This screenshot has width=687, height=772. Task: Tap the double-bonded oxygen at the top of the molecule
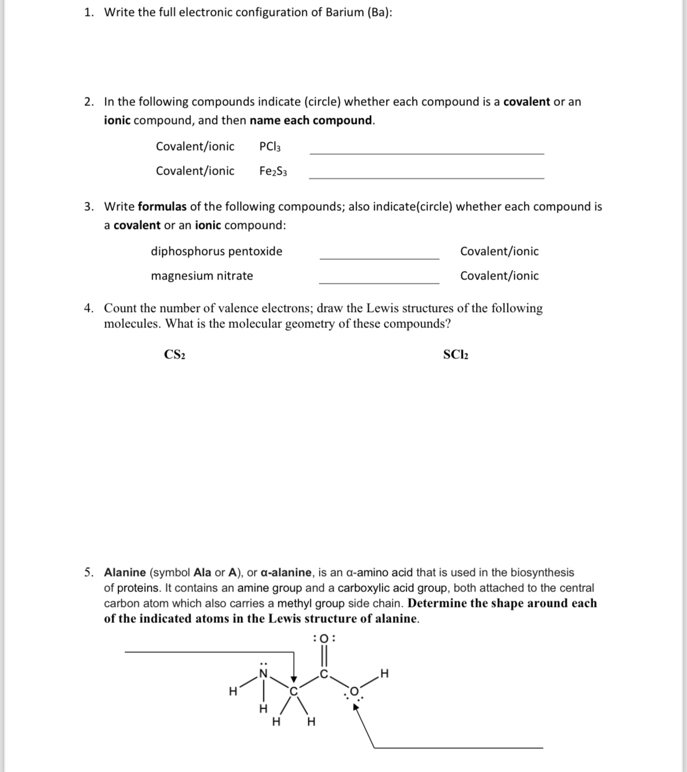point(325,638)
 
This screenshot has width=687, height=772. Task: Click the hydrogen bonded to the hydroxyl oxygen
point(385,674)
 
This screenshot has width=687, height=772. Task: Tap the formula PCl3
point(270,146)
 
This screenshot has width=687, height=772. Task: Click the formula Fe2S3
point(273,171)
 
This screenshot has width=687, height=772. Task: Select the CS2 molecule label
point(175,355)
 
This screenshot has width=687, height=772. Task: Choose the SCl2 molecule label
point(456,355)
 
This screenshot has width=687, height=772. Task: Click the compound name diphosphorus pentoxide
point(217,251)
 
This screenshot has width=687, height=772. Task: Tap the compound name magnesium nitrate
point(202,276)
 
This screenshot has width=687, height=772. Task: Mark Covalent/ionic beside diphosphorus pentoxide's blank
point(499,251)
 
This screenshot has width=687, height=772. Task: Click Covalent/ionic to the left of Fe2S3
point(195,171)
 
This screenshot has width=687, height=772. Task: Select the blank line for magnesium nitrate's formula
point(379,282)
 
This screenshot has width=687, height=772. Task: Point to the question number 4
point(88,308)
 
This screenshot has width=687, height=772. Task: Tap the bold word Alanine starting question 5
point(125,572)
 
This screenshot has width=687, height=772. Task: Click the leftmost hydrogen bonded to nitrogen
point(233,692)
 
